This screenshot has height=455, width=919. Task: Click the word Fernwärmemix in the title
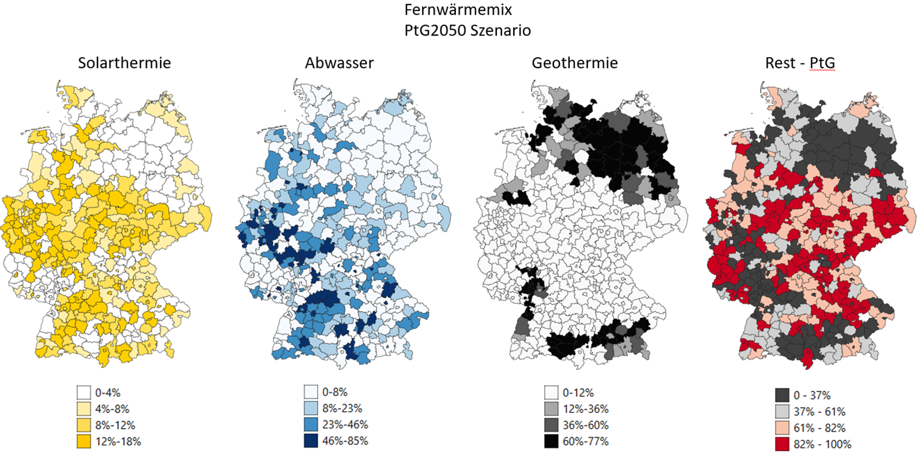[458, 10]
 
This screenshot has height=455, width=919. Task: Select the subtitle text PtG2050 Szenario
[467, 30]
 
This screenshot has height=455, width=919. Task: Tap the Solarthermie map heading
[124, 63]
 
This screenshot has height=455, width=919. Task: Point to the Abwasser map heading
[339, 63]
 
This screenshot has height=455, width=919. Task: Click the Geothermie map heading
[575, 63]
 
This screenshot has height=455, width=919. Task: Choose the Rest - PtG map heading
[800, 63]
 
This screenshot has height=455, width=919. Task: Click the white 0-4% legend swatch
[84, 393]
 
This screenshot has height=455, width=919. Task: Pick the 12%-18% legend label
[118, 442]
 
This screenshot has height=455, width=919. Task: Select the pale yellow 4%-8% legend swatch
[84, 409]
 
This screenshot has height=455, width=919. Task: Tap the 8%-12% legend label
[115, 425]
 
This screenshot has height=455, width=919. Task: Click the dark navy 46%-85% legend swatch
[311, 440]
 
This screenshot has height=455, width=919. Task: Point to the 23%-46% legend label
[345, 425]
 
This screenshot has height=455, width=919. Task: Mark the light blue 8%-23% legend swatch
[311, 408]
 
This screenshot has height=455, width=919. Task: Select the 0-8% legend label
[335, 392]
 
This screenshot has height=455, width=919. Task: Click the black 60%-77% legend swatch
[551, 441]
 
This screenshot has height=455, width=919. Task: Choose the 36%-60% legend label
[586, 425]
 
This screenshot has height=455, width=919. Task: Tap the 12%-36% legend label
[586, 409]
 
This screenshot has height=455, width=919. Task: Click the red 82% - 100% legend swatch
[782, 444]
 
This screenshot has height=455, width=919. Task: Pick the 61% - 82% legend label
[819, 428]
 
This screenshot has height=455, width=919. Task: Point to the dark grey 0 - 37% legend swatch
[782, 395]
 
